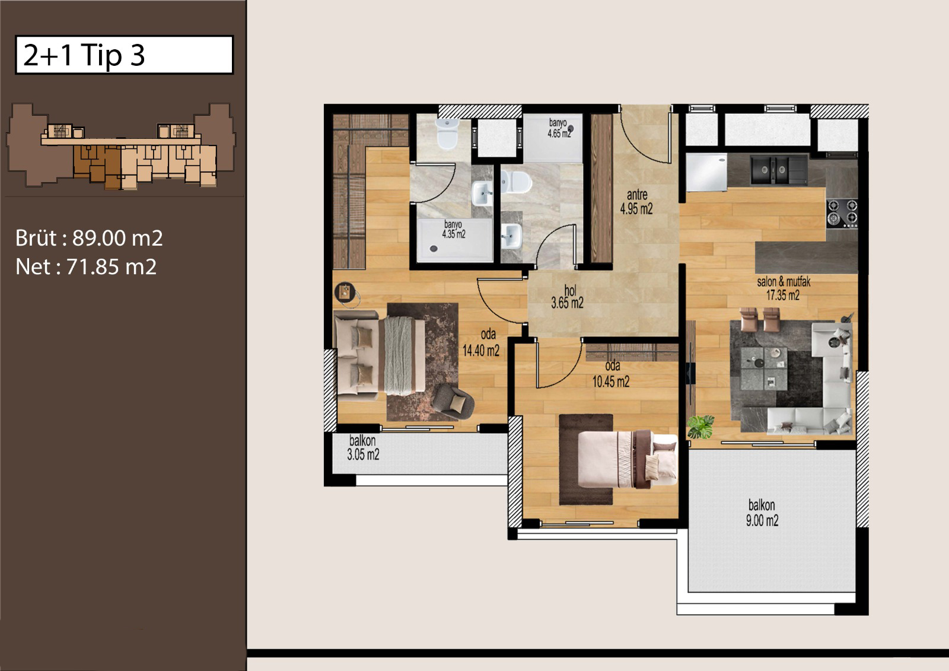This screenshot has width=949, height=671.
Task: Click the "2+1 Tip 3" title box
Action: tap(124, 55)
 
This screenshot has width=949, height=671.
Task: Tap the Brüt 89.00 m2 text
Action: tap(89, 238)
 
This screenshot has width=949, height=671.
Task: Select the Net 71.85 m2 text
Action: tap(86, 266)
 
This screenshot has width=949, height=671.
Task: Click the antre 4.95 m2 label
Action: tap(636, 202)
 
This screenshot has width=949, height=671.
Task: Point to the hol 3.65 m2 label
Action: tap(567, 297)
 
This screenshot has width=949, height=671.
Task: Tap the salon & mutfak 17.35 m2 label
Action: tap(784, 288)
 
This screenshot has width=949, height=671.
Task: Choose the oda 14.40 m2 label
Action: tap(481, 342)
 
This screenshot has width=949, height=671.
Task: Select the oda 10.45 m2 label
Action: tap(610, 374)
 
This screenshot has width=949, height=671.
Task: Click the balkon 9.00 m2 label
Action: tap(762, 513)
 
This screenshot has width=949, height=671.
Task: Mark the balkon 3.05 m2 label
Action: tap(363, 447)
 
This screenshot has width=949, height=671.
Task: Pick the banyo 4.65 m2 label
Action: tap(558, 128)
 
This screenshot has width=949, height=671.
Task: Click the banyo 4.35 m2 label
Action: tap(453, 229)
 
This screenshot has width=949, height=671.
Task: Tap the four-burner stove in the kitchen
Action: tap(842, 213)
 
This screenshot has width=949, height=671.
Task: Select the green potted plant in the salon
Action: tap(700, 427)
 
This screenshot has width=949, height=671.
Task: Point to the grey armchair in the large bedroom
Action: tap(453, 402)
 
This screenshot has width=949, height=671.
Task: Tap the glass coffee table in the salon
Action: tap(763, 369)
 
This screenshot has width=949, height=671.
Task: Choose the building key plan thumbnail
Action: tap(121, 145)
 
